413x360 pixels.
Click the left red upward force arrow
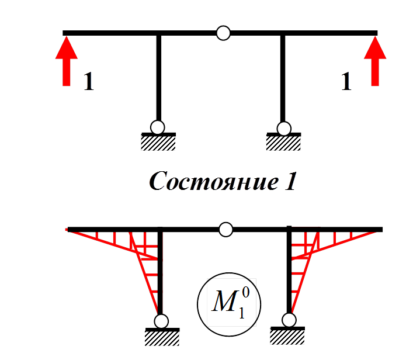(66, 61)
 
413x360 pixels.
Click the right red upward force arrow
(375, 61)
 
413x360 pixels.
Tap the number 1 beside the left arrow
(88, 82)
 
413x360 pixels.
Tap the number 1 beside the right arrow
(346, 82)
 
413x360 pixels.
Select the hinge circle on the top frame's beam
(223, 33)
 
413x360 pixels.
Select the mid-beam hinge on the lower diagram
(225, 230)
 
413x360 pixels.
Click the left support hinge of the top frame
(158, 127)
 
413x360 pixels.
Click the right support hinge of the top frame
(284, 128)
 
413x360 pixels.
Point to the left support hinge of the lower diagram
(161, 321)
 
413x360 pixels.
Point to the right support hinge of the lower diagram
(288, 320)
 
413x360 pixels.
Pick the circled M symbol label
(228, 304)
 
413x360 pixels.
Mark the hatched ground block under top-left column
(158, 143)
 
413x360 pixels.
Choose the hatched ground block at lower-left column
(162, 337)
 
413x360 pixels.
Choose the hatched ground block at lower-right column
(288, 335)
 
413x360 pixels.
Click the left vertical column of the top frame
(158, 76)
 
